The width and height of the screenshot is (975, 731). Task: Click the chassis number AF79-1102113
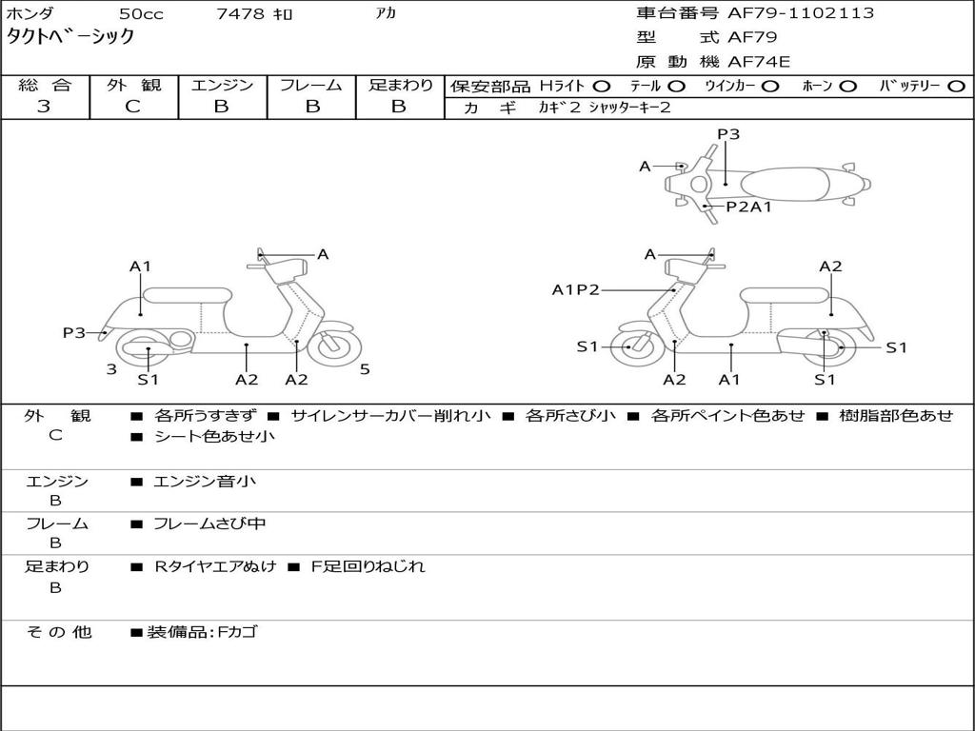[801, 13]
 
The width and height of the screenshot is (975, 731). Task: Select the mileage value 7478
[240, 13]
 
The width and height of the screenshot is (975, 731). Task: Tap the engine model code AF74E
[759, 62]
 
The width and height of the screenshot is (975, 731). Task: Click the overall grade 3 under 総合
[44, 107]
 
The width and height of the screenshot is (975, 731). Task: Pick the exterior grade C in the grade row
[132, 107]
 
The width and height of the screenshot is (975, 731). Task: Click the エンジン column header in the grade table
[222, 85]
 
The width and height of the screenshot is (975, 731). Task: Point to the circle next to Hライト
[602, 87]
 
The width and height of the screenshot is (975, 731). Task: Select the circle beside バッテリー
[956, 87]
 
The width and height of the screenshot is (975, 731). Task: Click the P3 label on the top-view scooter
[728, 133]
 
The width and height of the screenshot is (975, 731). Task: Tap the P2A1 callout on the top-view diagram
[748, 207]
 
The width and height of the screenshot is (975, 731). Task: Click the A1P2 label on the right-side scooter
[575, 289]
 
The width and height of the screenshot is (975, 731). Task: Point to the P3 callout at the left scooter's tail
[74, 332]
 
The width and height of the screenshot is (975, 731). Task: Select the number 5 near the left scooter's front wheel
[365, 369]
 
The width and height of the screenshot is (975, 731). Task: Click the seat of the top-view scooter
[785, 185]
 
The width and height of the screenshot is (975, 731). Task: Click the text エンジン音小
[205, 481]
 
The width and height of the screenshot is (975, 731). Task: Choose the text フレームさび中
[209, 524]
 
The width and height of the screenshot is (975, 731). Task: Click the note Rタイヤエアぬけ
[215, 566]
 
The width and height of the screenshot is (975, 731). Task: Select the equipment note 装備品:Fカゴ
[202, 632]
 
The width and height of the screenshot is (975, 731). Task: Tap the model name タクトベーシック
[70, 36]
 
